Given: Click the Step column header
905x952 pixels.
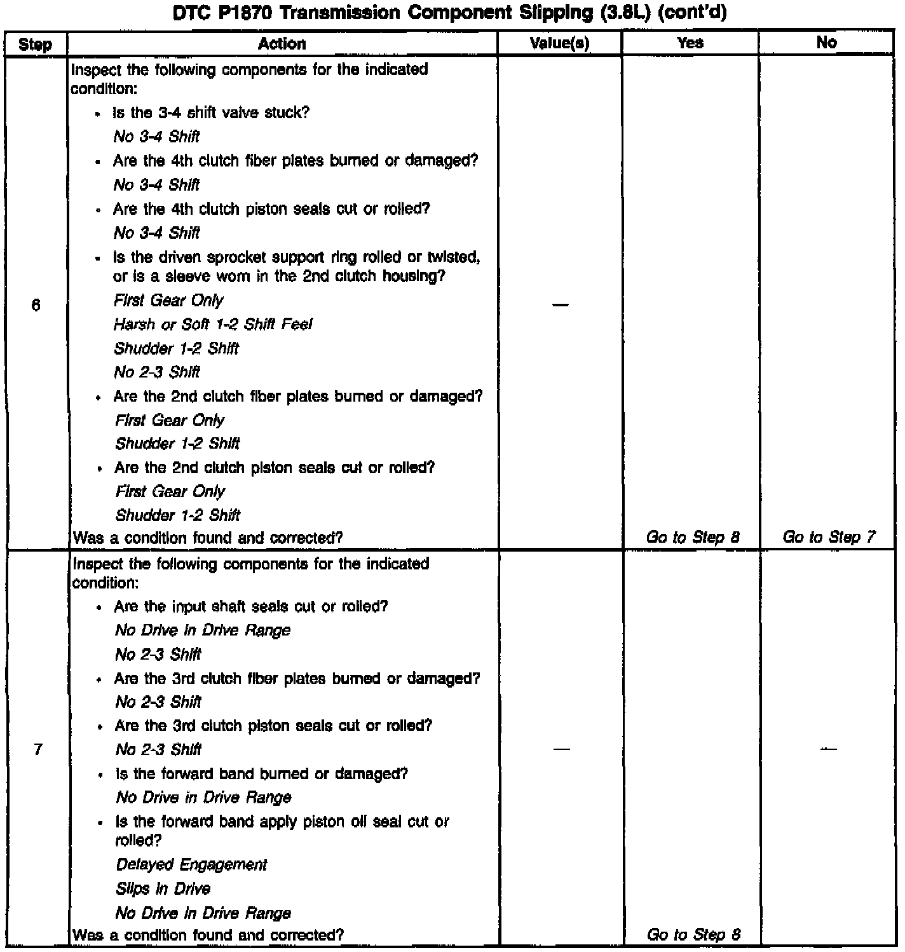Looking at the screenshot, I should (x=35, y=44).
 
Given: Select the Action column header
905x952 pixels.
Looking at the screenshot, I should (x=282, y=44).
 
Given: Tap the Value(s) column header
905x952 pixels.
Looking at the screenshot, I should (x=559, y=44).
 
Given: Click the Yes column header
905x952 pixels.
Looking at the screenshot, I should (x=690, y=43).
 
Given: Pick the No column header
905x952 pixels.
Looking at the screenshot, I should (x=826, y=43).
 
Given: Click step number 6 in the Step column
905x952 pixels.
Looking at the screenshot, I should (x=36, y=306).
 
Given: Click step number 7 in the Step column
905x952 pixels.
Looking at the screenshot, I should (x=38, y=750).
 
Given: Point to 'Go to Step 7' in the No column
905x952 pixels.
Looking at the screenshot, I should (x=828, y=538).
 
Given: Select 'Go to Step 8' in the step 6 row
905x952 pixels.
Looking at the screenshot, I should (x=692, y=538).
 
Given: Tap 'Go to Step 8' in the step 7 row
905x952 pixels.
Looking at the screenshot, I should (x=693, y=935).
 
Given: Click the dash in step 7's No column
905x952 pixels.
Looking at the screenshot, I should (x=827, y=749).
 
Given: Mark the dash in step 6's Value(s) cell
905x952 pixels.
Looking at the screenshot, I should (x=560, y=306).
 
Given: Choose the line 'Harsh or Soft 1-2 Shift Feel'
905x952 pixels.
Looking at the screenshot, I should (x=213, y=325).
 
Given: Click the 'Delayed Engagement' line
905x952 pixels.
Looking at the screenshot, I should (x=191, y=865).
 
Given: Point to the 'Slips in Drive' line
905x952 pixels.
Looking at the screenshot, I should (x=163, y=889).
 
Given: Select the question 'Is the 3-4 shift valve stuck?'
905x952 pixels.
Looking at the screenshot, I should (x=211, y=113).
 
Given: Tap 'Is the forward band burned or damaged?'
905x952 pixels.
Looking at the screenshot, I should (x=261, y=774).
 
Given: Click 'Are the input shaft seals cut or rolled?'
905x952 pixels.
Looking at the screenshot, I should (x=251, y=607).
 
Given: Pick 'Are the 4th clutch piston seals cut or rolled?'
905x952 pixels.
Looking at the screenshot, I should (x=271, y=209).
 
